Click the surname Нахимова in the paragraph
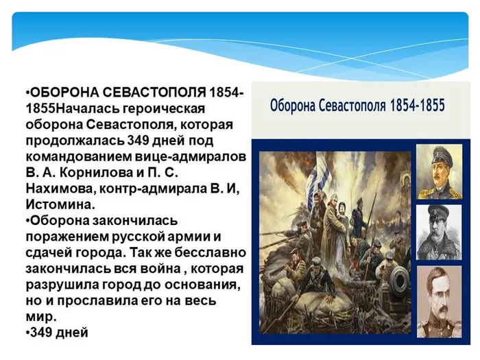click(x=59, y=188)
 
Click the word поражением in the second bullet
click(x=69, y=235)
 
